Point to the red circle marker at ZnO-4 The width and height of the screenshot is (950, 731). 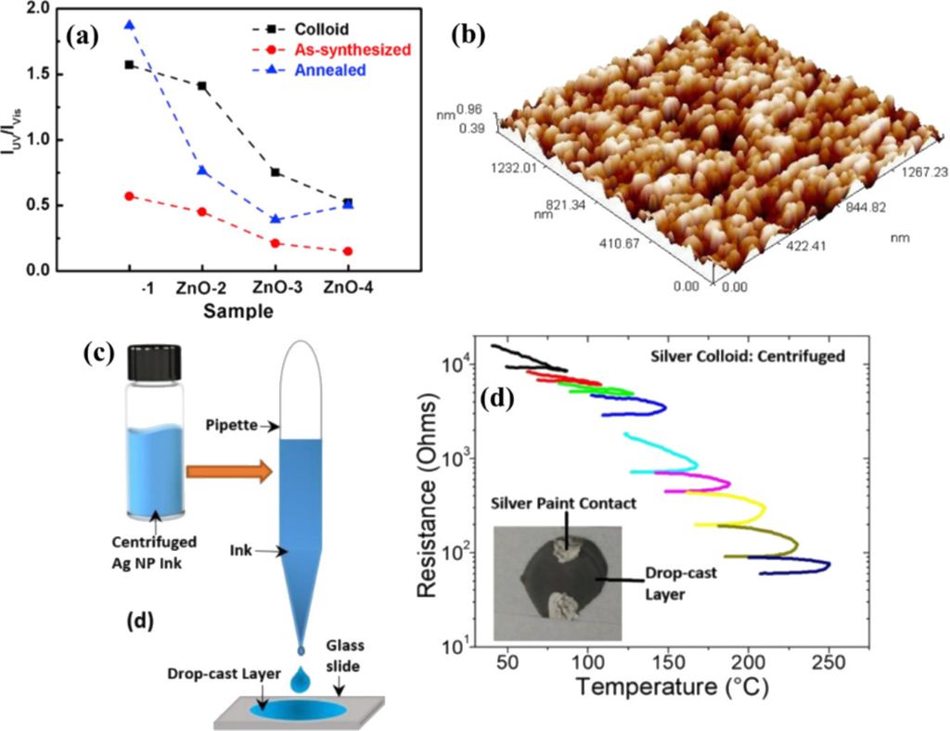pyautogui.click(x=347, y=251)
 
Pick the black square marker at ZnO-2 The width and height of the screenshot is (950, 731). pyautogui.click(x=202, y=86)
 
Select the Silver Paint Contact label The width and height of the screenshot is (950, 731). pyautogui.click(x=564, y=502)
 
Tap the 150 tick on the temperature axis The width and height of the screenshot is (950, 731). pyautogui.click(x=666, y=661)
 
